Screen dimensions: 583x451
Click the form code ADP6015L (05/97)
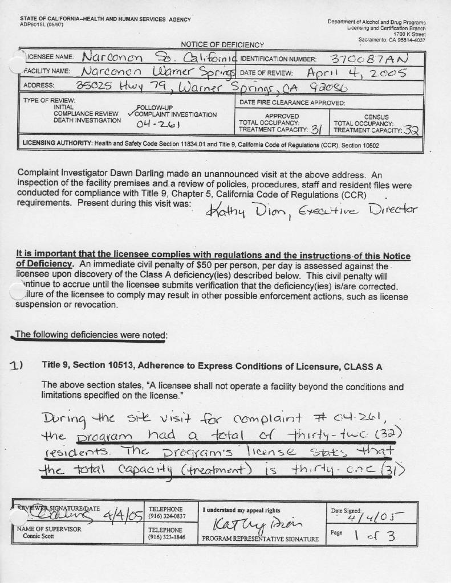(42, 25)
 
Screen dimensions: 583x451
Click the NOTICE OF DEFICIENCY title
(222, 45)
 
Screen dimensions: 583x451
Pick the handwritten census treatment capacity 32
(412, 130)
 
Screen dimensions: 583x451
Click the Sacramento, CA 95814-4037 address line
(392, 40)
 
